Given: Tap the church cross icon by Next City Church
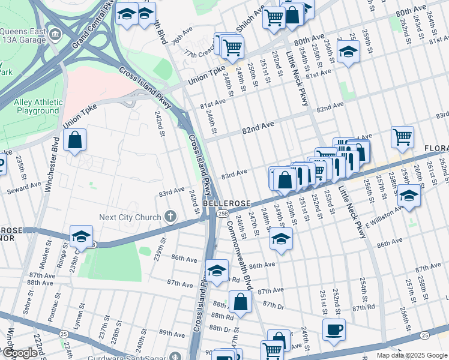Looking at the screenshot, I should [x=170, y=216].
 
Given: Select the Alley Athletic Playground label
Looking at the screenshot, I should [x=37, y=107].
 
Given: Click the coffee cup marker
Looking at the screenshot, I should [x=333, y=329].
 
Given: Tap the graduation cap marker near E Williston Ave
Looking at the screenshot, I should [x=408, y=196].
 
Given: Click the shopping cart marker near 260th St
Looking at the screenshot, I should [x=402, y=136].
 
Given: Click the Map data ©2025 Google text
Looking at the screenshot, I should [x=412, y=355].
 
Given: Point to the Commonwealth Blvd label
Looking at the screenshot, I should [x=240, y=249].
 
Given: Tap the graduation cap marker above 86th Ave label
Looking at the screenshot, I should [x=281, y=238].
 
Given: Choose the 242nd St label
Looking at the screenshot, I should [x=160, y=123].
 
